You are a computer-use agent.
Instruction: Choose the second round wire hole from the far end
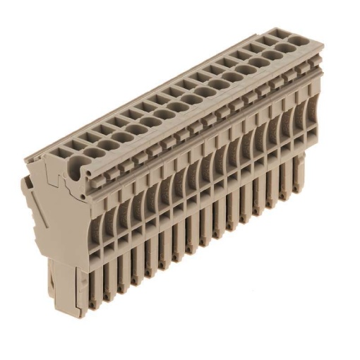272,54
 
